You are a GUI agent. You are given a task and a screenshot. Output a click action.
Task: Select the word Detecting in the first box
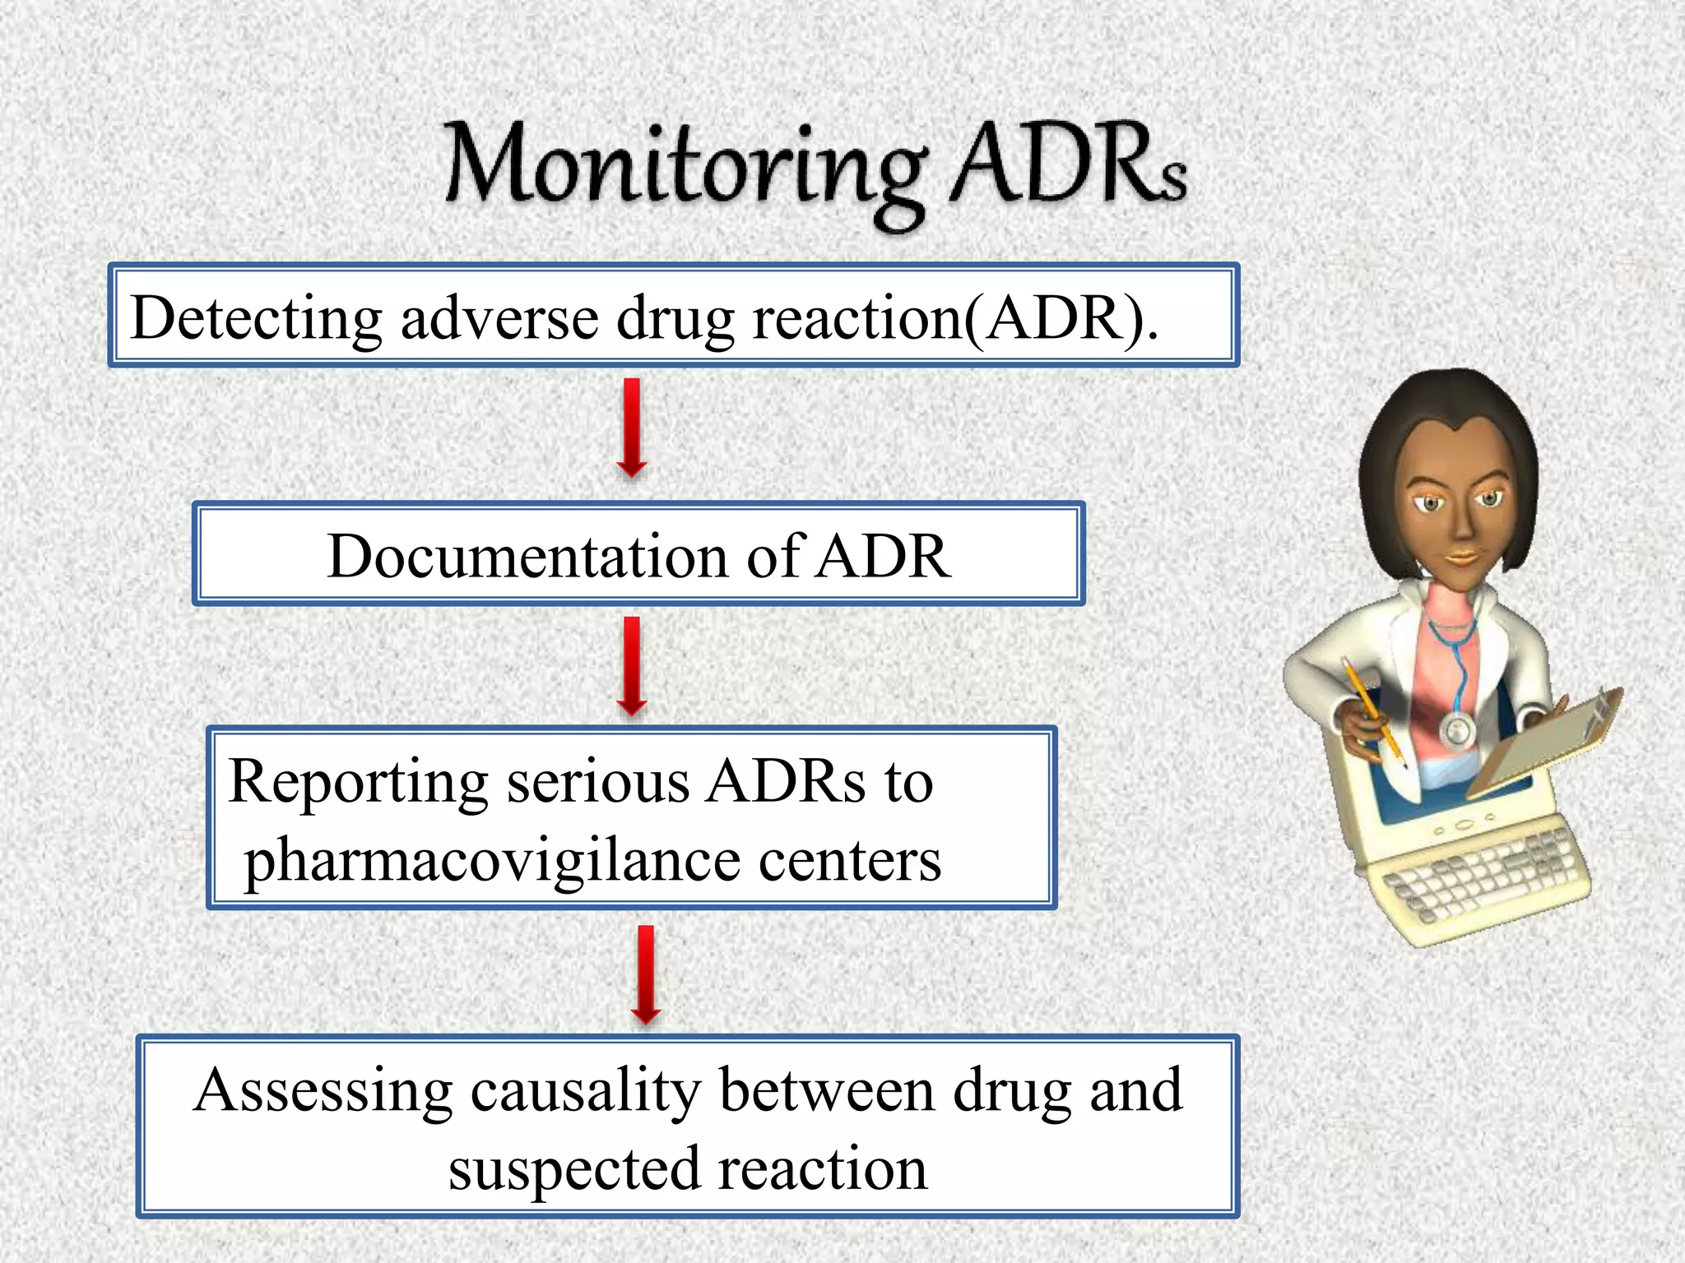coord(256,319)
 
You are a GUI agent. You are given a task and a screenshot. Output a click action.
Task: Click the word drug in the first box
coord(675,319)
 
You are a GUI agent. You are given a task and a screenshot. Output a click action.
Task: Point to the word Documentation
coord(527,557)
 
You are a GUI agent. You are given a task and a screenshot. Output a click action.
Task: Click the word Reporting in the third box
coord(358,782)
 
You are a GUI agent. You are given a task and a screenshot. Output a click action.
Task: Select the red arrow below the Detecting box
coord(632,428)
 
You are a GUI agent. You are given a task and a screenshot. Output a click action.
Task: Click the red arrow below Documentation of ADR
coord(632,666)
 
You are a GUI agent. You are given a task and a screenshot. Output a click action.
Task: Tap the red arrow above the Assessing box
coord(646,974)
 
